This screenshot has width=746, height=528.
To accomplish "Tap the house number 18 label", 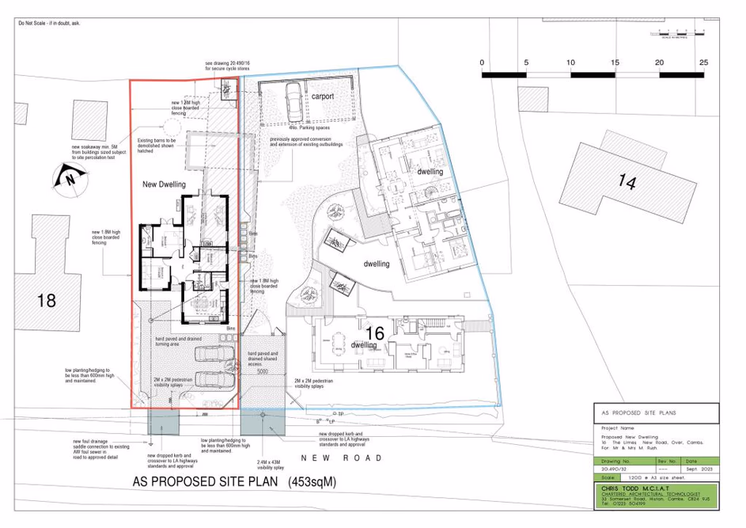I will click(x=47, y=300).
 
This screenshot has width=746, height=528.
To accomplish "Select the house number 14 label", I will click(x=626, y=181).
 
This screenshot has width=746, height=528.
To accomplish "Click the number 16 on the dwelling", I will click(x=375, y=333).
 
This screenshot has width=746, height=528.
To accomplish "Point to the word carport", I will click(x=322, y=96).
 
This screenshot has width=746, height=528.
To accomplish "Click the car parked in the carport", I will click(x=293, y=100).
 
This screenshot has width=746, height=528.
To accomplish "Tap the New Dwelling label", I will click(x=164, y=184).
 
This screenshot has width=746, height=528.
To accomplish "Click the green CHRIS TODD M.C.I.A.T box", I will click(x=656, y=497).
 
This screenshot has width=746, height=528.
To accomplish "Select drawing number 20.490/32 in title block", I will click(x=617, y=469).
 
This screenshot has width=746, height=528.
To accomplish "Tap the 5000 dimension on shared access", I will click(x=263, y=370).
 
